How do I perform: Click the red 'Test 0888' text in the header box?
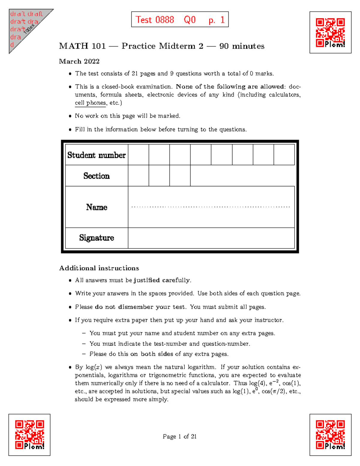tap(155, 20)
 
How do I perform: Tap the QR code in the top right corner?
tap(330, 32)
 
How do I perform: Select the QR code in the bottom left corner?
tap(29, 434)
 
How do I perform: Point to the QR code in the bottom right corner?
tap(330, 434)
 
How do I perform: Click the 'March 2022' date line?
tap(79, 61)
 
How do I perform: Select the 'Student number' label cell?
tap(97, 155)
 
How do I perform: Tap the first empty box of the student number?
tap(138, 155)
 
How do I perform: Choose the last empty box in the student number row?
tap(284, 155)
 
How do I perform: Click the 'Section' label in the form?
tap(97, 176)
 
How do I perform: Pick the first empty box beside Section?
tap(138, 176)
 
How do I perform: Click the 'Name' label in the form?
tap(97, 207)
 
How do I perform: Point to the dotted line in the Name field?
tap(211, 207)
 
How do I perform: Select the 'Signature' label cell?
tap(97, 238)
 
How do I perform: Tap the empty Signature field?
tap(211, 238)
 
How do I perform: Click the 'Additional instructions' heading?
tap(99, 268)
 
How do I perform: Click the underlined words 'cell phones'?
tap(90, 103)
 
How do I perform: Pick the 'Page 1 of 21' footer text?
tap(179, 436)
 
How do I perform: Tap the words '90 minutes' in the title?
tap(242, 46)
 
